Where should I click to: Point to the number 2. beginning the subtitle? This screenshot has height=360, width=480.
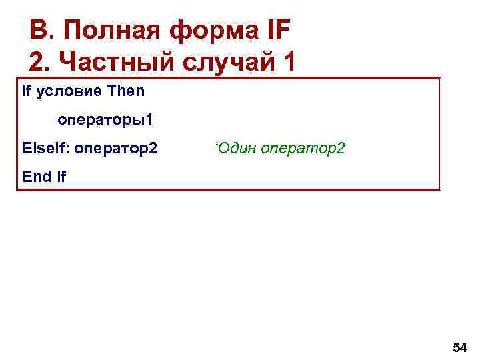point(41,62)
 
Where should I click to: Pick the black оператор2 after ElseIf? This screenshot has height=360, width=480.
point(116,147)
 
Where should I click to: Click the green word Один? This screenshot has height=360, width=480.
point(237,147)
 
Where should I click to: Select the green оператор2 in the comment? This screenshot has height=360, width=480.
point(303,147)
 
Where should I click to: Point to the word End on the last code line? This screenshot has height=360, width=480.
point(36,177)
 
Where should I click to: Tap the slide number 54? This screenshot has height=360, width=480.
point(459,347)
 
